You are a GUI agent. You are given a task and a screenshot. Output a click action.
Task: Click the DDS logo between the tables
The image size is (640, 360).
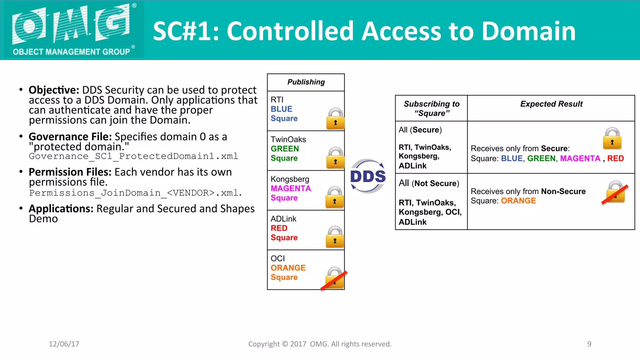(368, 176)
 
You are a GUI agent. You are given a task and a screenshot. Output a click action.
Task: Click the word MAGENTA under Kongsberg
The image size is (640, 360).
(291, 188)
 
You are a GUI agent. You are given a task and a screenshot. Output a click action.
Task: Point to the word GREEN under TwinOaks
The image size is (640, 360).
(285, 149)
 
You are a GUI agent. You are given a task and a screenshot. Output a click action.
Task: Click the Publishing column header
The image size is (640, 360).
(306, 82)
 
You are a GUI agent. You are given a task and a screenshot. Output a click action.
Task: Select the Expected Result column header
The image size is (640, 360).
(551, 104)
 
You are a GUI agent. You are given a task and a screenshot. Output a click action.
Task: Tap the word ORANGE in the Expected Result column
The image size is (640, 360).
(518, 201)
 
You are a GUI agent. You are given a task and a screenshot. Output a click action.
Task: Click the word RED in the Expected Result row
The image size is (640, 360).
(615, 158)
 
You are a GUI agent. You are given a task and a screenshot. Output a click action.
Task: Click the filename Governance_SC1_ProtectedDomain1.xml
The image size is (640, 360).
(133, 156)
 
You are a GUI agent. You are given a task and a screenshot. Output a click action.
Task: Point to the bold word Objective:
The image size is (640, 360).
(54, 90)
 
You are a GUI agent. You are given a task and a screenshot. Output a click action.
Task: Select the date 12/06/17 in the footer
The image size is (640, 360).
(64, 344)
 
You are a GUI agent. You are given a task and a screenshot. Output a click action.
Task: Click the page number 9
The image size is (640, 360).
(589, 344)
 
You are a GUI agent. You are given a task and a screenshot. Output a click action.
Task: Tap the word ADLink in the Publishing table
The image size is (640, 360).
(283, 219)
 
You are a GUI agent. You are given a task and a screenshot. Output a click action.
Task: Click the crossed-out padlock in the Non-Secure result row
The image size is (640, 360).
(615, 192)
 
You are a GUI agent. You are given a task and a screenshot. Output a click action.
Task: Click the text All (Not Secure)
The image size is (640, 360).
(429, 183)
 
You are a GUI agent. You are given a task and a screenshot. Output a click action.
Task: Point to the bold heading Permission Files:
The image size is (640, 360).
(70, 172)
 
